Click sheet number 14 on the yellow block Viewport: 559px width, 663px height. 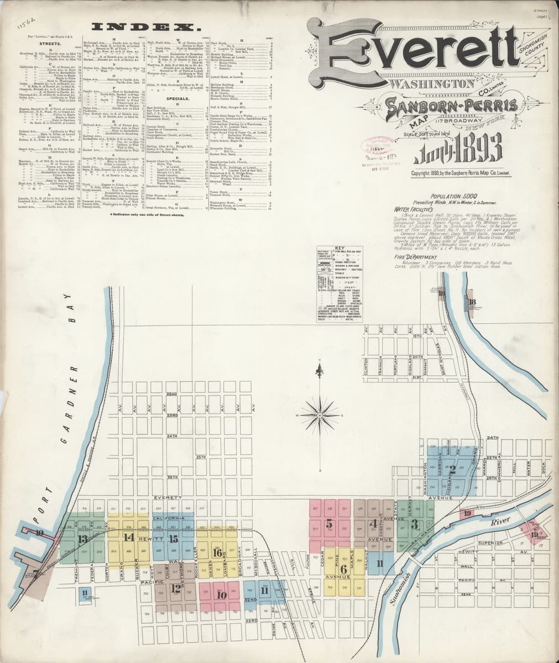[129, 536]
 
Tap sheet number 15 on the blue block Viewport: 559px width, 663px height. [173, 538]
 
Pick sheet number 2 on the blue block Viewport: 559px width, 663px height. [452, 470]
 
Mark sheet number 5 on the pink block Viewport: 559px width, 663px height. [330, 522]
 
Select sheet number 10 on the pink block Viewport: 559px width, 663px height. [222, 595]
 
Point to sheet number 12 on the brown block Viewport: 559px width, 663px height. [175, 588]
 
